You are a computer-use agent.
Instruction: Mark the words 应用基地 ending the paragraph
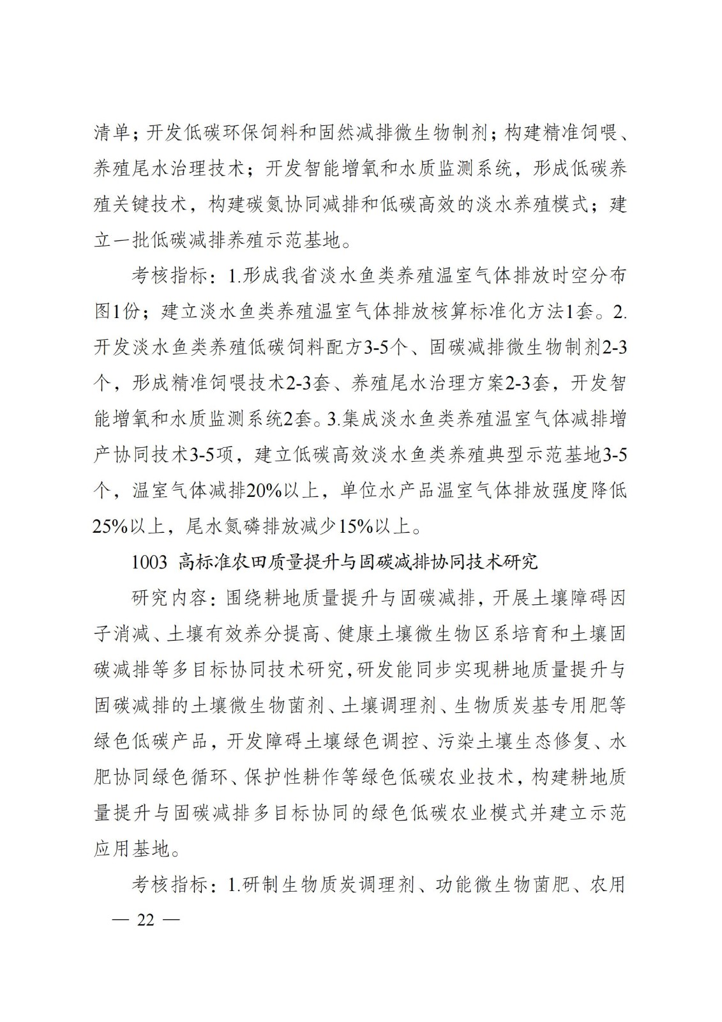coord(132,849)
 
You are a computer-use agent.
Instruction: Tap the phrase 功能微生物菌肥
coord(495,885)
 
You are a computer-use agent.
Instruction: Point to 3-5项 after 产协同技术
coord(214,455)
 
